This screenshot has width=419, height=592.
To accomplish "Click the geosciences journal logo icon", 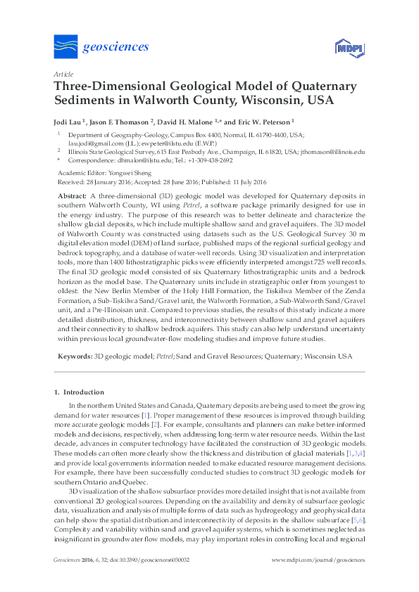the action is point(65,46).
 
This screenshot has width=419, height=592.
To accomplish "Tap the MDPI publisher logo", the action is point(344,48).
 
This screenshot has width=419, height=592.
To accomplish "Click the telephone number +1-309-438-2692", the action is point(207,160).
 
